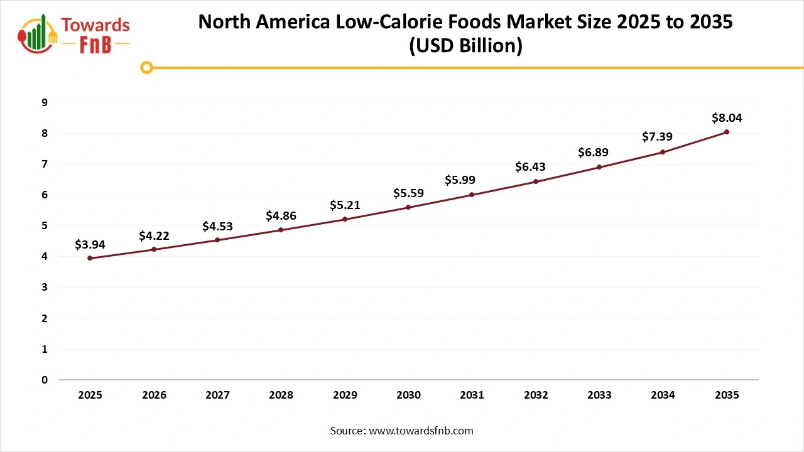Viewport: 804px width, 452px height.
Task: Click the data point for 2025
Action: (x=90, y=258)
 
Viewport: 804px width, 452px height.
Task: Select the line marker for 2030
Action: (x=408, y=207)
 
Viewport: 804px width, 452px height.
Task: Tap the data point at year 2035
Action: (x=726, y=132)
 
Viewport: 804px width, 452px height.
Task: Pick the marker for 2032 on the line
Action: (x=536, y=181)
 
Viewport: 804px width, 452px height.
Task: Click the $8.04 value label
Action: (x=726, y=117)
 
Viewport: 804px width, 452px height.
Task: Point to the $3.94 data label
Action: (x=90, y=244)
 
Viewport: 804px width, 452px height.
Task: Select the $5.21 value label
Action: (x=345, y=205)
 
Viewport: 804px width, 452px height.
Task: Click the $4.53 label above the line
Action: (x=217, y=226)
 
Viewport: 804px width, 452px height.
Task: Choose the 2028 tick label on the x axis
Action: (x=281, y=395)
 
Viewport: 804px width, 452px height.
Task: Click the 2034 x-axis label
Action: (x=663, y=395)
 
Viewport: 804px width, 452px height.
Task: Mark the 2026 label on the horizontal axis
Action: (x=154, y=395)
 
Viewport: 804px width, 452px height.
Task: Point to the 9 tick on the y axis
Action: (x=45, y=102)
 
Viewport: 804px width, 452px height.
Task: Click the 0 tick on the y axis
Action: (x=45, y=380)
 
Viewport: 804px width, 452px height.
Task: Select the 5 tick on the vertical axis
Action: (x=45, y=225)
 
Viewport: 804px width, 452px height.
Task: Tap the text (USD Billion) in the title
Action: (x=465, y=46)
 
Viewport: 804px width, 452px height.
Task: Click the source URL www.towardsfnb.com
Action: (x=421, y=431)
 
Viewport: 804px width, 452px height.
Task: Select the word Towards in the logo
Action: (x=95, y=25)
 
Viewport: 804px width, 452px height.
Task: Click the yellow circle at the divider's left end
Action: (x=146, y=67)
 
